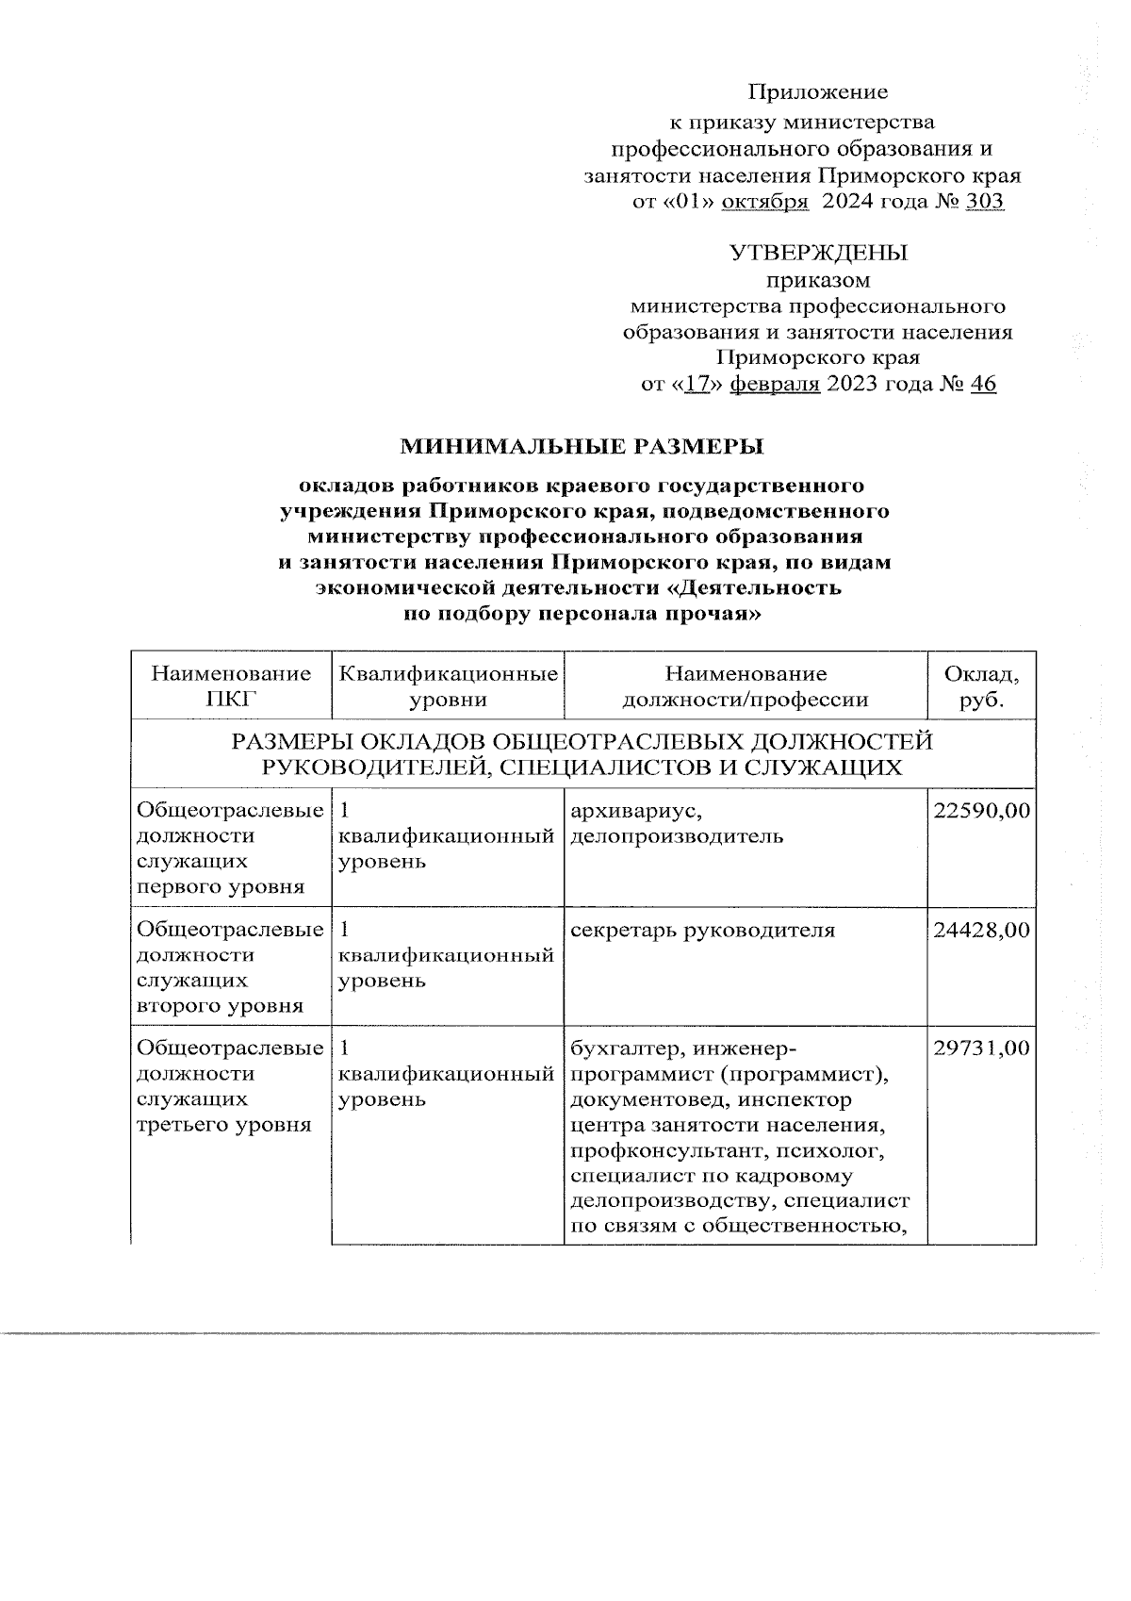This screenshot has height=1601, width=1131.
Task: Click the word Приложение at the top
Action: tap(818, 92)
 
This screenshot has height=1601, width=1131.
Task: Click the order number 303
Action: tap(984, 202)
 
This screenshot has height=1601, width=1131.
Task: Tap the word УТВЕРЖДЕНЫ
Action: tap(818, 253)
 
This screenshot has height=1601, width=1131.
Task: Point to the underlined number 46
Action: tap(982, 385)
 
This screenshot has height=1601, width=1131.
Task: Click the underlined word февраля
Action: tap(775, 385)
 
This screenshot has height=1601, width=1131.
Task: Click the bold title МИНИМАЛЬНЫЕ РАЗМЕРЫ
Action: tap(582, 445)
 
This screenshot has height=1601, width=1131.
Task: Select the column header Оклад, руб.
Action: tap(981, 686)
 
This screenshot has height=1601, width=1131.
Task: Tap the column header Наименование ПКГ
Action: tap(231, 686)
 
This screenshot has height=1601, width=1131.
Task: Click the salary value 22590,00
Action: tap(981, 811)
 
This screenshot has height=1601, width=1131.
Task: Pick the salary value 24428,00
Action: tap(981, 931)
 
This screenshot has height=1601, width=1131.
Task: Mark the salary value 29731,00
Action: tap(981, 1049)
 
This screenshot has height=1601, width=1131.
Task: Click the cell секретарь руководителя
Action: tap(702, 931)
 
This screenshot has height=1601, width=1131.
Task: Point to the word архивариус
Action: tap(635, 811)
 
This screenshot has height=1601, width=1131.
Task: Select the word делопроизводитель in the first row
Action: tap(677, 836)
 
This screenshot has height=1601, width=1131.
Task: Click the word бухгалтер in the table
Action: tap(617, 1049)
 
